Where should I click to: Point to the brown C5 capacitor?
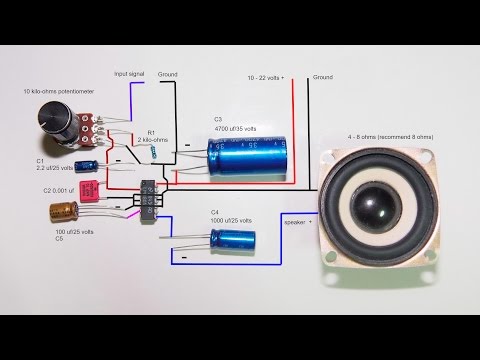(x=66, y=211)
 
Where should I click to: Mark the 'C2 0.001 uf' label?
(x=58, y=189)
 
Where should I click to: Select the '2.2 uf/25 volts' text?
(x=57, y=168)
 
